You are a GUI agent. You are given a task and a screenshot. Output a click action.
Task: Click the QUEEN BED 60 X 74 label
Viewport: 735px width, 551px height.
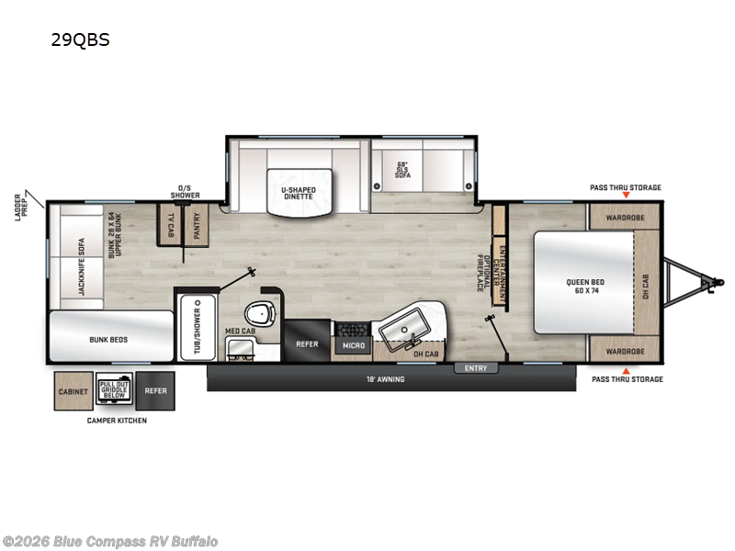point(584,287)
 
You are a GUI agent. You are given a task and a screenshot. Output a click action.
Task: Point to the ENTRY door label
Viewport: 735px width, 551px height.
point(476,368)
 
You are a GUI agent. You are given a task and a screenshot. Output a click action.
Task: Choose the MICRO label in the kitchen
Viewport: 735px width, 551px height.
point(354,345)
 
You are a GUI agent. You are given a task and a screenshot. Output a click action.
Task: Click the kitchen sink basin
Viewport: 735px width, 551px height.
point(403,323)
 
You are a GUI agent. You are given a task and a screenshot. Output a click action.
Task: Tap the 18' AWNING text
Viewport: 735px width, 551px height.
point(386,378)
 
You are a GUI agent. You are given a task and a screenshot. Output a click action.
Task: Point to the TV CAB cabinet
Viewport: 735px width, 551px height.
point(172,225)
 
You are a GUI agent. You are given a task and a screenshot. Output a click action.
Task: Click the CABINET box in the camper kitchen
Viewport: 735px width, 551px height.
point(73,391)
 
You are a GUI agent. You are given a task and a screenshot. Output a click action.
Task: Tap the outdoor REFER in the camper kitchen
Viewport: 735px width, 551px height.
point(154,391)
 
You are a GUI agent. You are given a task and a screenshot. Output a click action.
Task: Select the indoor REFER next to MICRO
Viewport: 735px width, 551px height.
point(307,344)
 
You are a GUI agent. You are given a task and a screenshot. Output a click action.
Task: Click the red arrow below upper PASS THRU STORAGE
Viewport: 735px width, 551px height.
point(626,196)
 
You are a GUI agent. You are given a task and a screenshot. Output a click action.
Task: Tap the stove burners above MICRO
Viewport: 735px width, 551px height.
point(352,328)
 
